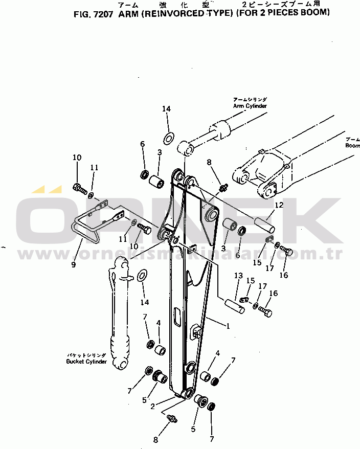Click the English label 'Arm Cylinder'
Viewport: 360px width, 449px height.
(x=250, y=106)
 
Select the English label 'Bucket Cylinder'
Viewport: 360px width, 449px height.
(x=86, y=362)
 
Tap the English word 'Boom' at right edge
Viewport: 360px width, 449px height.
(x=352, y=146)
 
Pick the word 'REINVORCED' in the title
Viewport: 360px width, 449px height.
(x=174, y=14)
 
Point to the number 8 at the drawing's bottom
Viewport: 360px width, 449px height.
(x=155, y=439)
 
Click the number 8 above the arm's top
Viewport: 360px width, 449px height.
(x=209, y=163)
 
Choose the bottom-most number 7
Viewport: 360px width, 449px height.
(x=212, y=439)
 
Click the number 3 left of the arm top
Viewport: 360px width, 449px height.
(x=160, y=152)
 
